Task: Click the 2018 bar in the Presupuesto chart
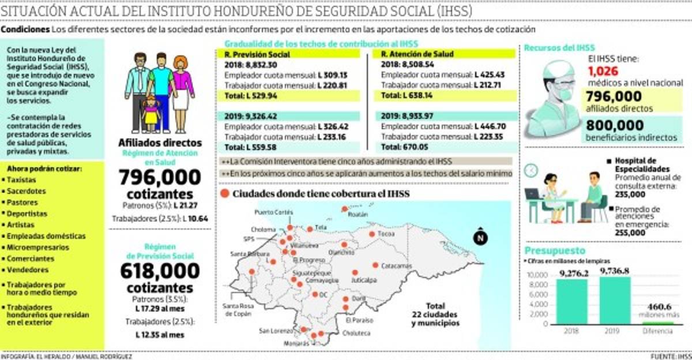tap(571, 301)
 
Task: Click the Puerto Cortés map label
tap(270, 212)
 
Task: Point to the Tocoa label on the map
tap(386, 235)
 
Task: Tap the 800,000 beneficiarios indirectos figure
tap(615, 125)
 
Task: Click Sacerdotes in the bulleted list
tap(25, 191)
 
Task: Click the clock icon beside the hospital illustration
tap(531, 170)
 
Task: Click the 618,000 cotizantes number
tap(160, 271)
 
